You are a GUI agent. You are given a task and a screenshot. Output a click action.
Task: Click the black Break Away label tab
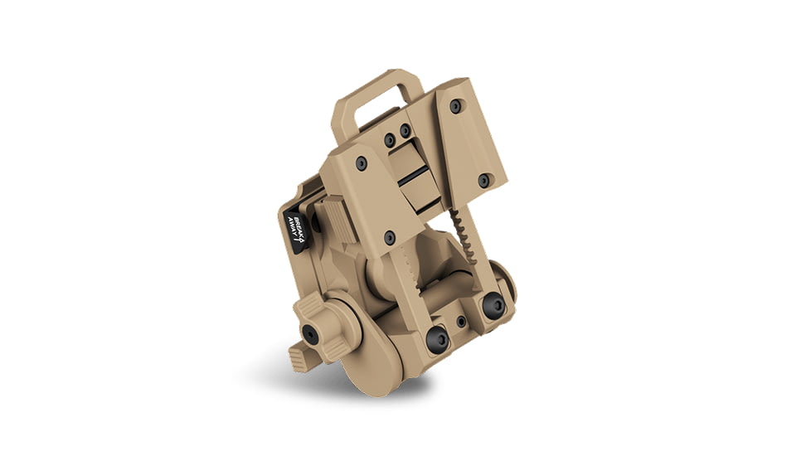click(295, 230)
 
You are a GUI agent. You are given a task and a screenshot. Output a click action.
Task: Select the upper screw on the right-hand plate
click(455, 106)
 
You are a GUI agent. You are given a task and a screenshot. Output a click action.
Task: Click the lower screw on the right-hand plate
click(483, 180)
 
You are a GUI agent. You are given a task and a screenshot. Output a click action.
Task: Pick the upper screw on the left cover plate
click(361, 164)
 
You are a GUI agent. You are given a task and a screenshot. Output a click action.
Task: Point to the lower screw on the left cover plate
click(390, 238)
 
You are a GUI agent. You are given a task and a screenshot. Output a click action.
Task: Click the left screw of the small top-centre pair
click(390, 140)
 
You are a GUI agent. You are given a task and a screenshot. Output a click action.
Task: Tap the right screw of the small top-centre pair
click(405, 131)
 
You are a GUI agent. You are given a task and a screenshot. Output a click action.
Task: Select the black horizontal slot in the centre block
click(414, 178)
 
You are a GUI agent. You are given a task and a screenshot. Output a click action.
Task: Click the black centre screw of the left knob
click(309, 333)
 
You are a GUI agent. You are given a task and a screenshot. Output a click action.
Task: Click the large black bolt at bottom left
click(438, 338)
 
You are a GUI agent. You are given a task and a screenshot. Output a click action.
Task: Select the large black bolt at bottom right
click(494, 306)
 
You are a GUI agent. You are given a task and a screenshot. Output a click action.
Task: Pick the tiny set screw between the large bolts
click(460, 321)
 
